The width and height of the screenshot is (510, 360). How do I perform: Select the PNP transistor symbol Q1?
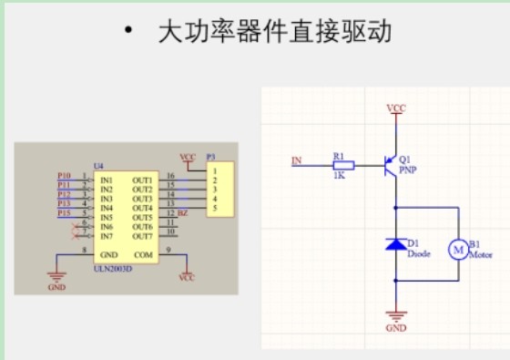390,165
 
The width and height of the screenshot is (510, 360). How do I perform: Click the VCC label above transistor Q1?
396,108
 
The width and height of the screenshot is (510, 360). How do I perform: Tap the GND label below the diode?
396,326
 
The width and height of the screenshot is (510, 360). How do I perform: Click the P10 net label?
64,175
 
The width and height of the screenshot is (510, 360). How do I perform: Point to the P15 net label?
64,212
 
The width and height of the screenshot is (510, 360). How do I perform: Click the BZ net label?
183,212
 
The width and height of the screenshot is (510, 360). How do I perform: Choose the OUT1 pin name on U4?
142,180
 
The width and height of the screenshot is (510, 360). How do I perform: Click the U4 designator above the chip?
98,167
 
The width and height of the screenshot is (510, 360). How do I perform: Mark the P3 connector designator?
210,157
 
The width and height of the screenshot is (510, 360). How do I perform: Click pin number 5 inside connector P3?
216,208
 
